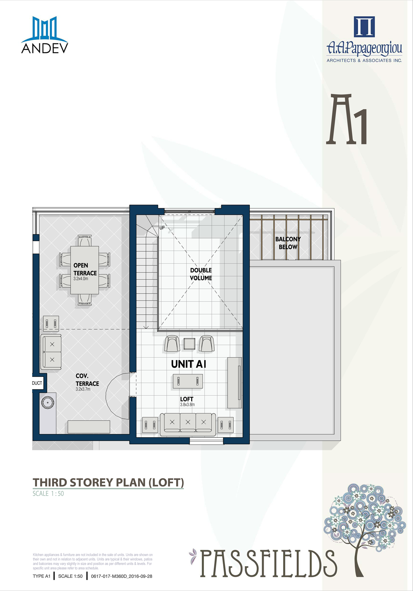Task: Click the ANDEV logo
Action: pyautogui.click(x=45, y=35)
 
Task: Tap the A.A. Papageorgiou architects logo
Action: pyautogui.click(x=364, y=39)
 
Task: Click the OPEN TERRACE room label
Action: pyautogui.click(x=85, y=269)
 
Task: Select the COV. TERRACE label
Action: pyautogui.click(x=87, y=380)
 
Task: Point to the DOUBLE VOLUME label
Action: pyautogui.click(x=201, y=274)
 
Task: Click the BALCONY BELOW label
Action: pyautogui.click(x=288, y=243)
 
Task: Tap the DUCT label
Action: pyautogui.click(x=37, y=383)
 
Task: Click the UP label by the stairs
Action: pyautogui.click(x=162, y=228)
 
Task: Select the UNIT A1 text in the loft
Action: pyautogui.click(x=189, y=364)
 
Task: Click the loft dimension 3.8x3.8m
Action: pyautogui.click(x=187, y=405)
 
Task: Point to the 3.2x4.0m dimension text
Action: pyautogui.click(x=81, y=279)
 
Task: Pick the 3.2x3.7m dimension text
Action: pyautogui.click(x=83, y=389)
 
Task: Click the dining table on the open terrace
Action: pyautogui.click(x=85, y=270)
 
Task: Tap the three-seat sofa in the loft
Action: pyautogui.click(x=188, y=424)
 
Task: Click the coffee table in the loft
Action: pyautogui.click(x=188, y=381)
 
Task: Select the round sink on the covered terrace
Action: pyautogui.click(x=47, y=403)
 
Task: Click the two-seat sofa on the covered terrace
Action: pyautogui.click(x=51, y=352)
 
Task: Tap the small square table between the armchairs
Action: pyautogui.click(x=189, y=344)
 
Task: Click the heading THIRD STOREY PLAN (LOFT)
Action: pyautogui.click(x=108, y=483)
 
